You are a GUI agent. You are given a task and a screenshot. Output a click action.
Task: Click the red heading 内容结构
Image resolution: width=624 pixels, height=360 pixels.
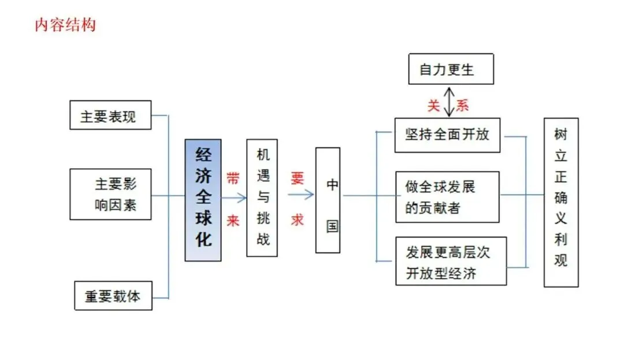tap(65, 25)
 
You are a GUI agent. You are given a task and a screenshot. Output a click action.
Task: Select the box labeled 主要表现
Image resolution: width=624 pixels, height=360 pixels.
tap(110, 115)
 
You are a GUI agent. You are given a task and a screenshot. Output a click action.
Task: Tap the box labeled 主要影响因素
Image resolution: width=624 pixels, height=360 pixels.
tap(110, 194)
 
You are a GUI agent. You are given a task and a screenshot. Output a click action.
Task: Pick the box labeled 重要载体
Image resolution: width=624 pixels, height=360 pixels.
tap(113, 295)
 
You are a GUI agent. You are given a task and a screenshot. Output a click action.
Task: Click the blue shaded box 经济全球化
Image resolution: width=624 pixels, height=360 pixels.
tap(203, 200)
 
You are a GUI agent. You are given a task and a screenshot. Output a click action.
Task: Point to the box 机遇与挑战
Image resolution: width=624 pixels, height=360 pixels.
tap(262, 198)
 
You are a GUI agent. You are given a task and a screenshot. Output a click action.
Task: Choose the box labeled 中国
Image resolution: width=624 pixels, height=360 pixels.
tap(328, 200)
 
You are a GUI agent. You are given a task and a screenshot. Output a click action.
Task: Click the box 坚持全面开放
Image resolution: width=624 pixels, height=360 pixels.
tap(447, 135)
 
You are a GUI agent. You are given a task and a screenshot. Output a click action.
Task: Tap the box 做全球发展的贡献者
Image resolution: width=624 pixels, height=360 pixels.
tap(447, 197)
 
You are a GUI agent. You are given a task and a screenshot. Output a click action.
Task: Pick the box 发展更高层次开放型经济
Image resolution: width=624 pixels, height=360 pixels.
tap(451, 261)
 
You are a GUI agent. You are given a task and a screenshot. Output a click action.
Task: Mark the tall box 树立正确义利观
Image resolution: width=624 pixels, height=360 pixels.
tap(560, 202)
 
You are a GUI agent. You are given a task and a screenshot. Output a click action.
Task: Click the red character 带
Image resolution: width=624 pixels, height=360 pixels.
tap(233, 178)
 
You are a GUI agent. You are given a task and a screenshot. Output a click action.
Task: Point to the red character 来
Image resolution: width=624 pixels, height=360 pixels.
tap(233, 221)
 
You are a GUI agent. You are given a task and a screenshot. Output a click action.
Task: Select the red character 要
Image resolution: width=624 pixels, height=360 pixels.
tap(298, 178)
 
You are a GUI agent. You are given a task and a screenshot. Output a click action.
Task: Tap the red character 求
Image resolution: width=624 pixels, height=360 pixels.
tap(298, 220)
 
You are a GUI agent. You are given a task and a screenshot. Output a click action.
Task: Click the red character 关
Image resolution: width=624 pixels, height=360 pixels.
tap(434, 105)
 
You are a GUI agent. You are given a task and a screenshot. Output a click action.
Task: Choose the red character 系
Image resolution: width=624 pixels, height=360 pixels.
tap(463, 105)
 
